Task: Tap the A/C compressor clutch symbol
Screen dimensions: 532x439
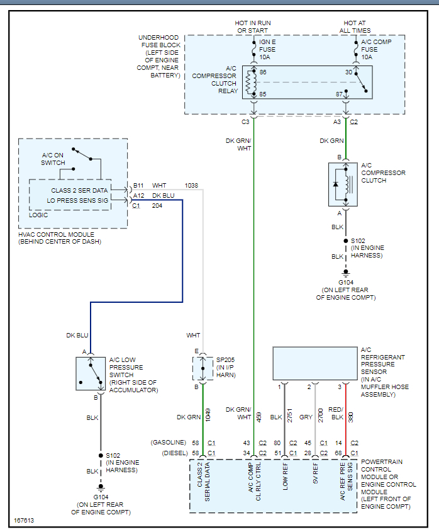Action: coord(343,184)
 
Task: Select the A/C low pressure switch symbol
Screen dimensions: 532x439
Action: coord(90,374)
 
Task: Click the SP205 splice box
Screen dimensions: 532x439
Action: coord(203,368)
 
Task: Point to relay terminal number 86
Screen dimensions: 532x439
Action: coord(263,72)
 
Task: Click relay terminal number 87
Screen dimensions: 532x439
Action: coord(340,94)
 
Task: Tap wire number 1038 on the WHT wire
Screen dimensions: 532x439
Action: coord(192,186)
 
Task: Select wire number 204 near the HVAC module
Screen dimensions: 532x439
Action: coord(157,205)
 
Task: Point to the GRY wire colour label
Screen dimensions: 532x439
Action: coord(306,416)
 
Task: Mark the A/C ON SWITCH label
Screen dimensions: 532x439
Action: coord(53,159)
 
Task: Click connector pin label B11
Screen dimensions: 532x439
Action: coord(138,186)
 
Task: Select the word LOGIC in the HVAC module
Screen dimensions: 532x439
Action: coord(38,215)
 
